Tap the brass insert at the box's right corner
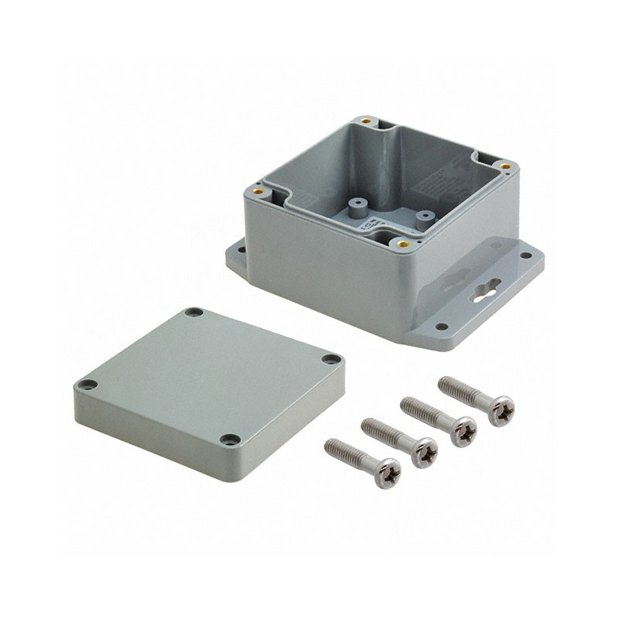(x=504, y=166)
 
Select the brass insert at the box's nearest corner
(x=403, y=243)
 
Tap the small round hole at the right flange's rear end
(x=526, y=255)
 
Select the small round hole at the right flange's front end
(x=441, y=327)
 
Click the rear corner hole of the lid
(x=193, y=313)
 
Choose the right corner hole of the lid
(x=331, y=359)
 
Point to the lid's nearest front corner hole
(x=230, y=439)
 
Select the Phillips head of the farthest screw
(x=501, y=409)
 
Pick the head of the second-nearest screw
(x=424, y=452)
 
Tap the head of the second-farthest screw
(x=463, y=431)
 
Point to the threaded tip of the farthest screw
(x=445, y=382)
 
